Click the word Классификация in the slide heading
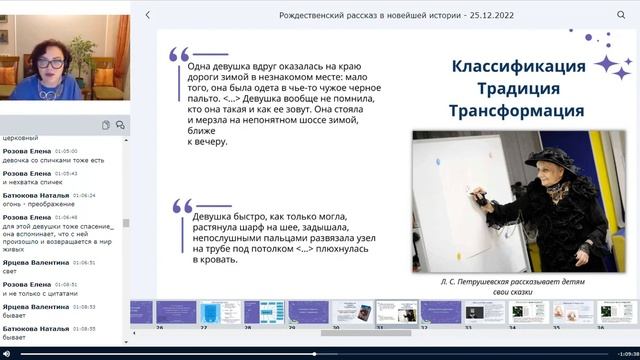tap(518, 66)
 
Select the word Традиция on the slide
tap(518, 88)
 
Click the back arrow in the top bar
tap(148, 15)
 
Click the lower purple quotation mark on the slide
tap(181, 206)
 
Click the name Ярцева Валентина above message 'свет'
tap(35, 263)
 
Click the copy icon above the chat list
tap(105, 125)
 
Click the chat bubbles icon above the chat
tap(120, 125)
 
